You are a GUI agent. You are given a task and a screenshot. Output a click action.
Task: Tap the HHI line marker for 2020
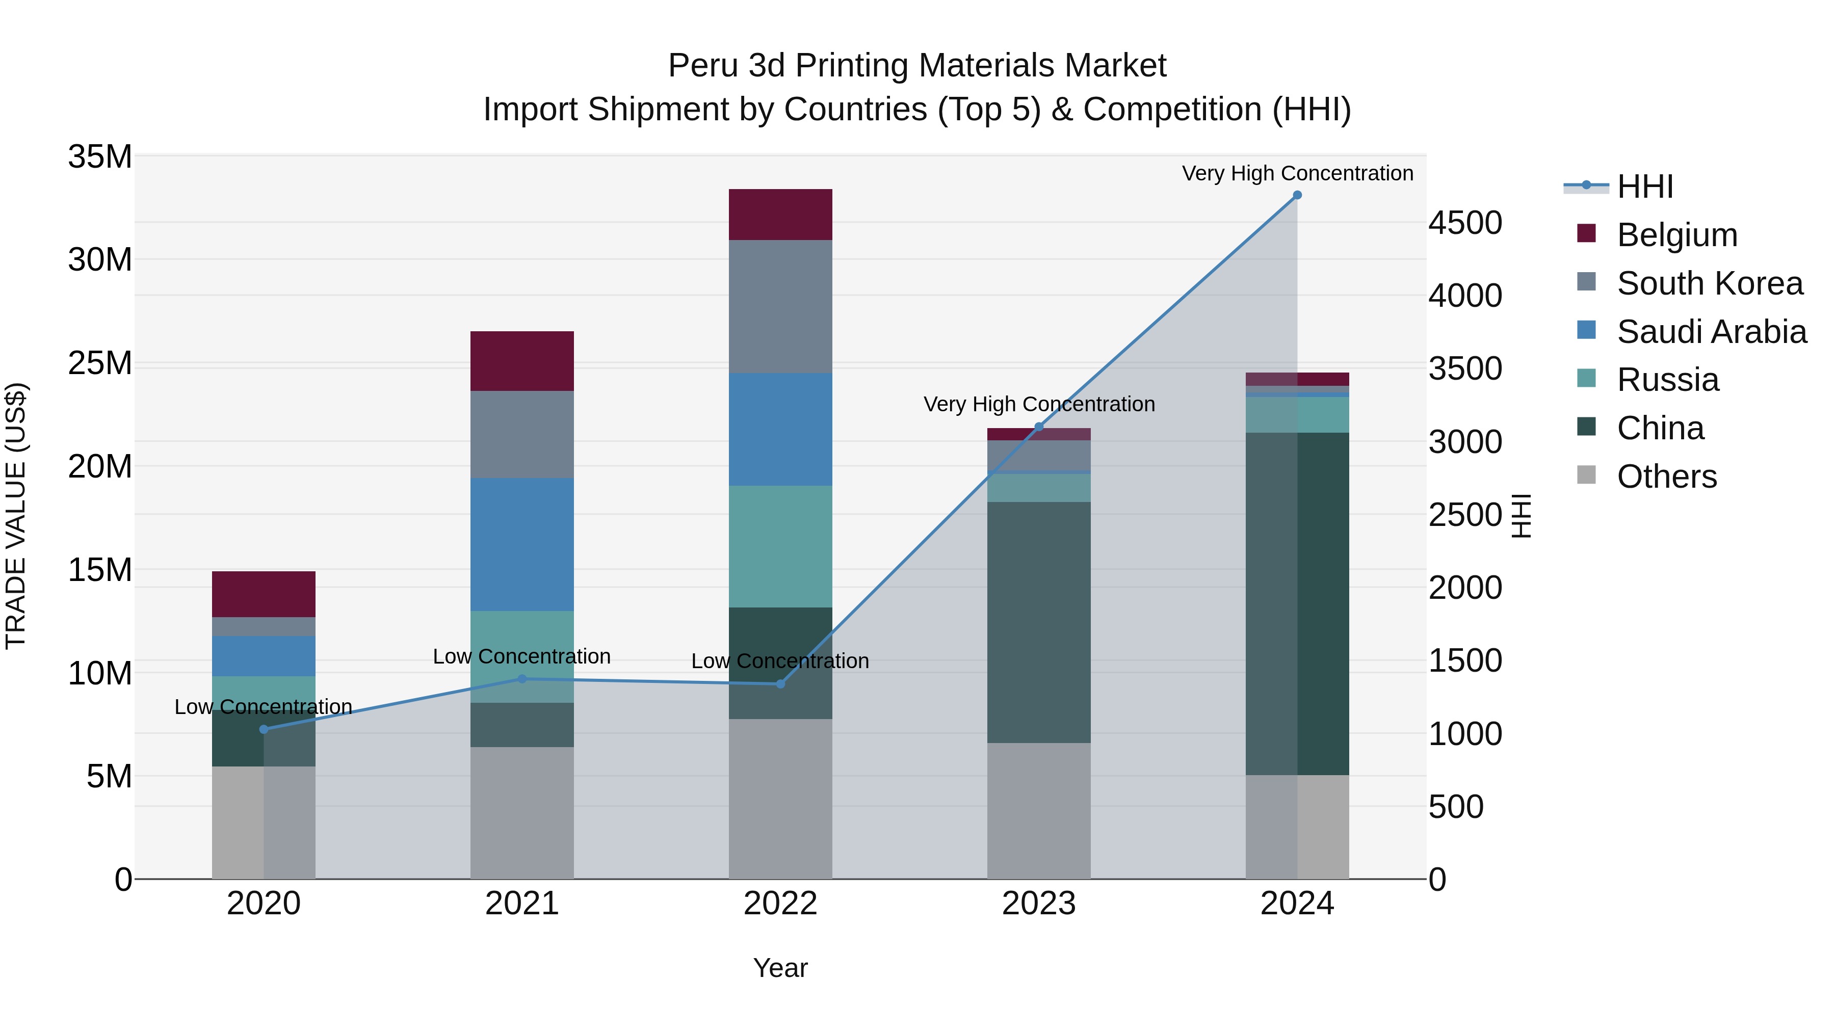pos(264,729)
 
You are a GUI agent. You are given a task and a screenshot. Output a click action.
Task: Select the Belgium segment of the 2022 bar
pos(780,215)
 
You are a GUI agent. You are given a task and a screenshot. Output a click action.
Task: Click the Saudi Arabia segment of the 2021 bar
pos(521,544)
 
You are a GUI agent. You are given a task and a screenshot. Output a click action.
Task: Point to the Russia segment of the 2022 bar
pos(780,546)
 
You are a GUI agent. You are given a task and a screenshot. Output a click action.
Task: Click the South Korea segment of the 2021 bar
pos(521,434)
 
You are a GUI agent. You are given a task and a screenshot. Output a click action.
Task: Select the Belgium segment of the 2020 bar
pos(264,594)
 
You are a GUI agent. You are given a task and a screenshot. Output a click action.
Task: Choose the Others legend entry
pos(1666,477)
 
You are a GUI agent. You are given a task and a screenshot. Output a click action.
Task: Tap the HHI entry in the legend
pos(1644,187)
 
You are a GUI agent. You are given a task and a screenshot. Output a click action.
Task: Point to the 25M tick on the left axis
pos(100,363)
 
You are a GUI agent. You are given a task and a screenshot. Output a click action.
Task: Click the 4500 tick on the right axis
pos(1464,223)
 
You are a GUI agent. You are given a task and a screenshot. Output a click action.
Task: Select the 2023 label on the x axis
pos(1039,904)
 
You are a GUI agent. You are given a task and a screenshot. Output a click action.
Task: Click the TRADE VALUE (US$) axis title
pos(16,516)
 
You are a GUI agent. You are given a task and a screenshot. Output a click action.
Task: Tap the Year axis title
pos(780,968)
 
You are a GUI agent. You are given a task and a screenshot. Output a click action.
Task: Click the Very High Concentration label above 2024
pos(1297,173)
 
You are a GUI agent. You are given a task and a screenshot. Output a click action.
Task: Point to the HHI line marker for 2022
pos(780,684)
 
